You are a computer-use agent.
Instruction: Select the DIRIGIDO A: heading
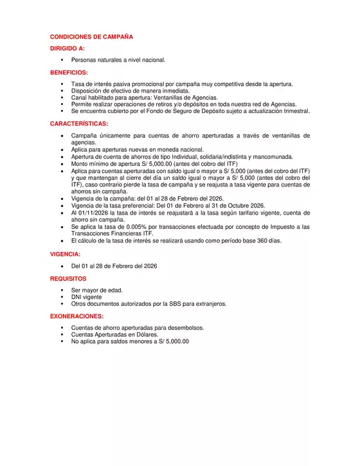[67, 48]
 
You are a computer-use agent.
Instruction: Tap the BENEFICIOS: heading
[69, 73]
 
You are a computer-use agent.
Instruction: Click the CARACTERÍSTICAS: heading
[79, 123]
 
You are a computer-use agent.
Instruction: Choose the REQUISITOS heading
[68, 279]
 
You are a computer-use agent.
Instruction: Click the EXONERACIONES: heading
[76, 316]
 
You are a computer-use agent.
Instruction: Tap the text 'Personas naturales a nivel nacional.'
[118, 60]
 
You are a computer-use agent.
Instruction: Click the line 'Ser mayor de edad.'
[97, 290]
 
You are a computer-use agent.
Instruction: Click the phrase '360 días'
[268, 241]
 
